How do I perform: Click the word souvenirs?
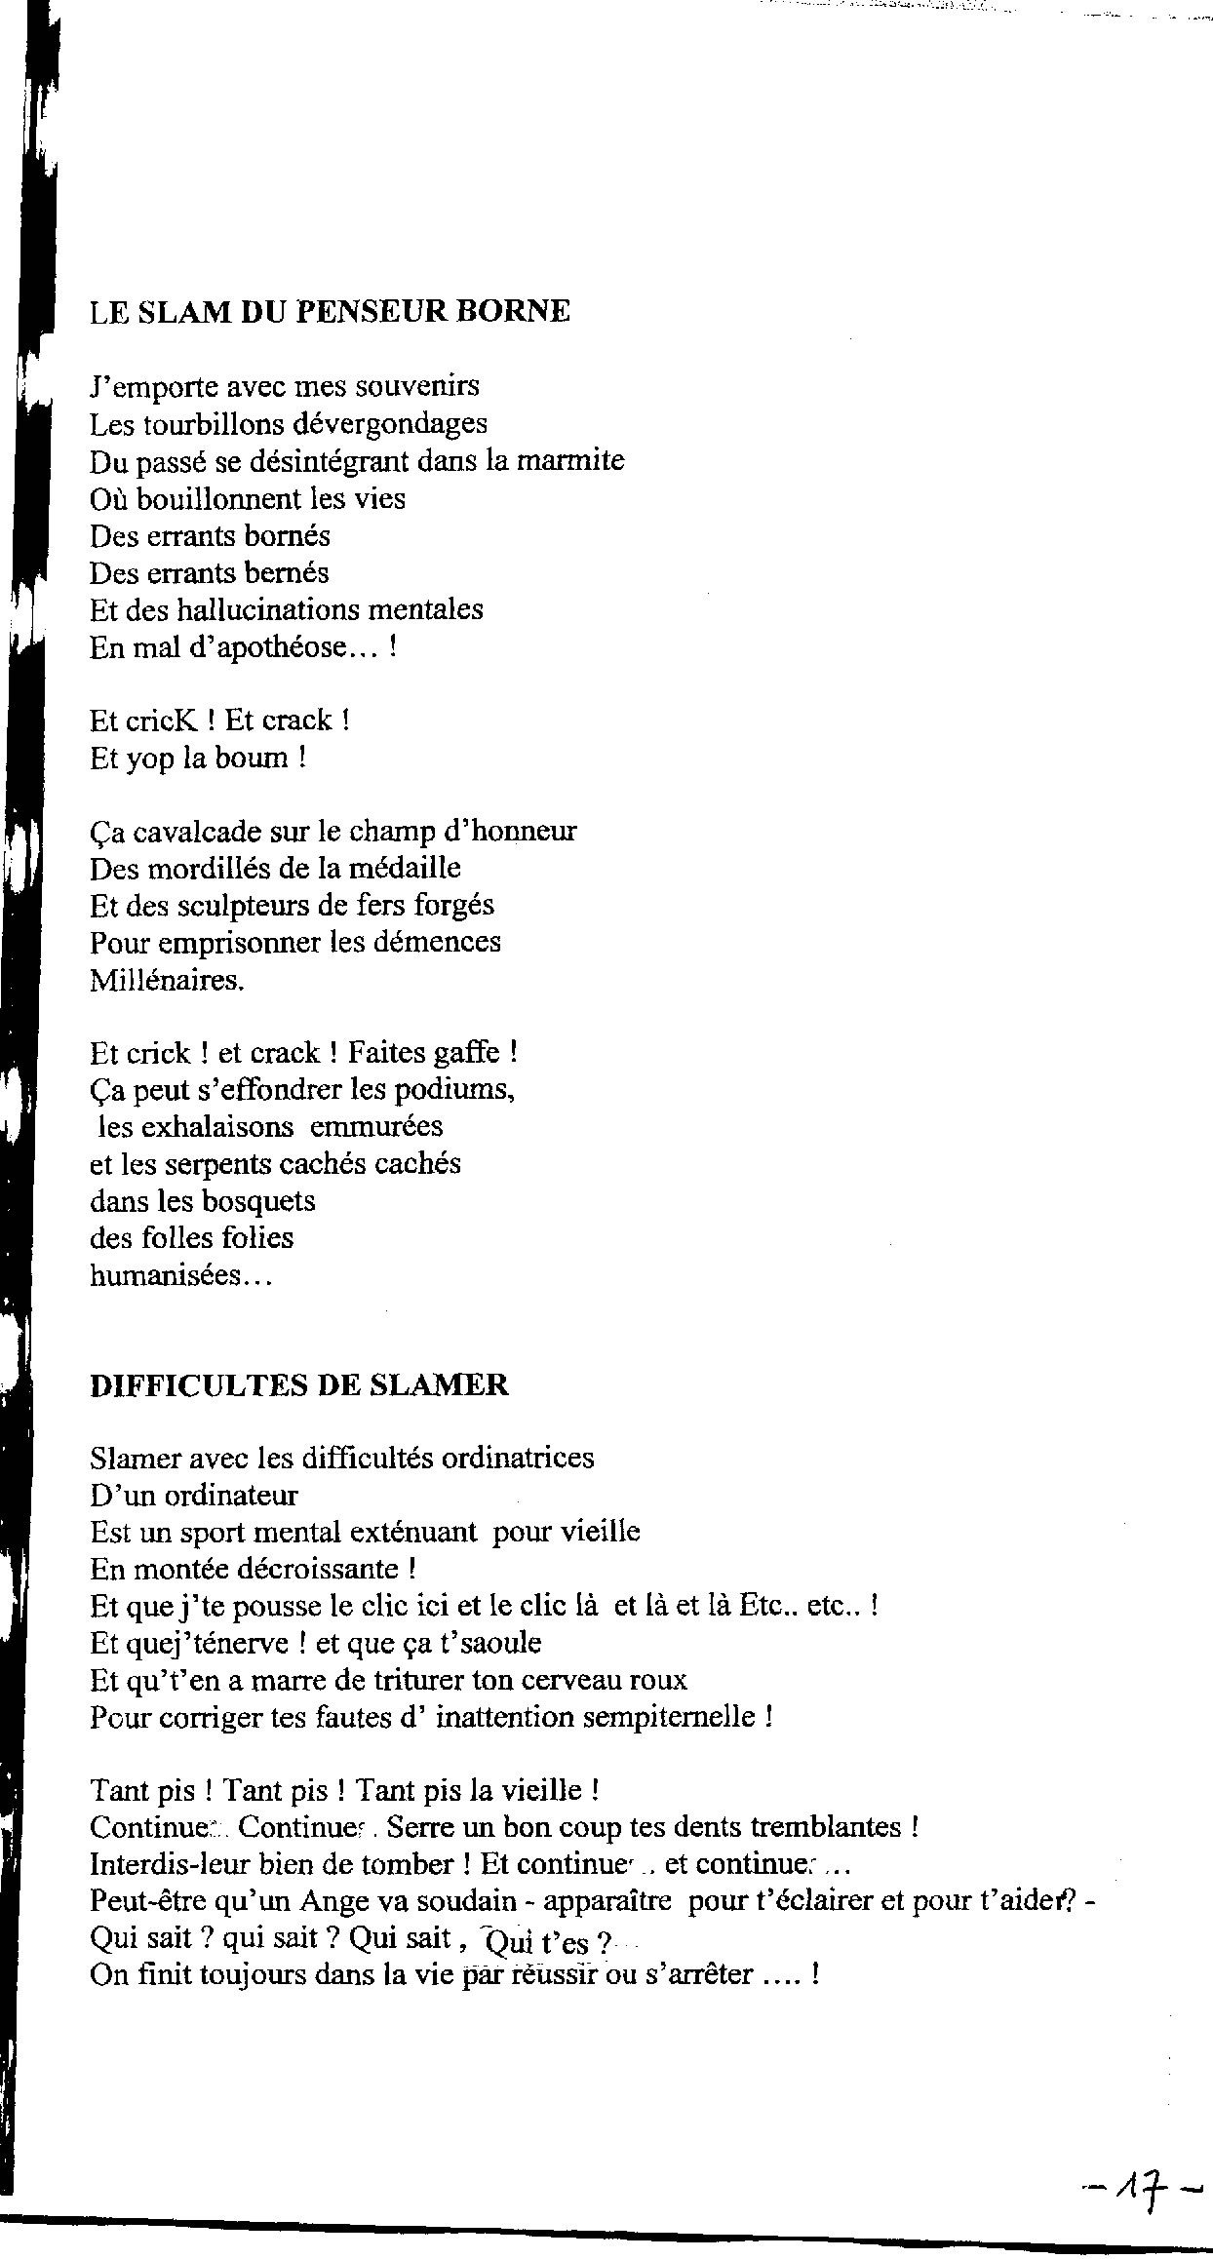[417, 386]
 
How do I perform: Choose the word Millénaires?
[167, 980]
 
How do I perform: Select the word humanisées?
[179, 1275]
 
